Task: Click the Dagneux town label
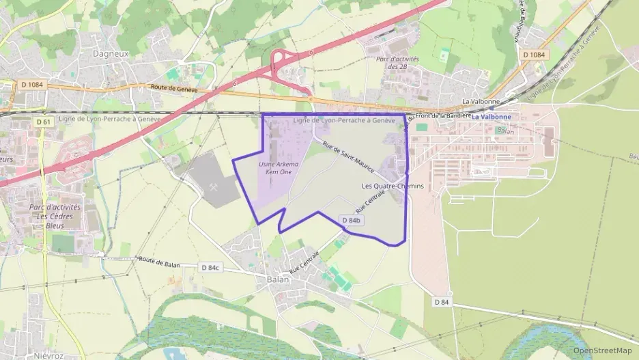[110, 53]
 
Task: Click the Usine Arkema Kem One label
[279, 168]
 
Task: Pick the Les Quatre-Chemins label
[393, 186]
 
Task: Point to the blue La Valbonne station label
[491, 117]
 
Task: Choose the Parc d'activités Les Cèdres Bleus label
[55, 216]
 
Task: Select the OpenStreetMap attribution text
[602, 350]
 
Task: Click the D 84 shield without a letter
[442, 301]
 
